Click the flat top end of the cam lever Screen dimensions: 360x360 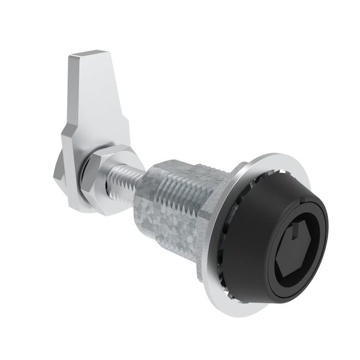tap(89, 56)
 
